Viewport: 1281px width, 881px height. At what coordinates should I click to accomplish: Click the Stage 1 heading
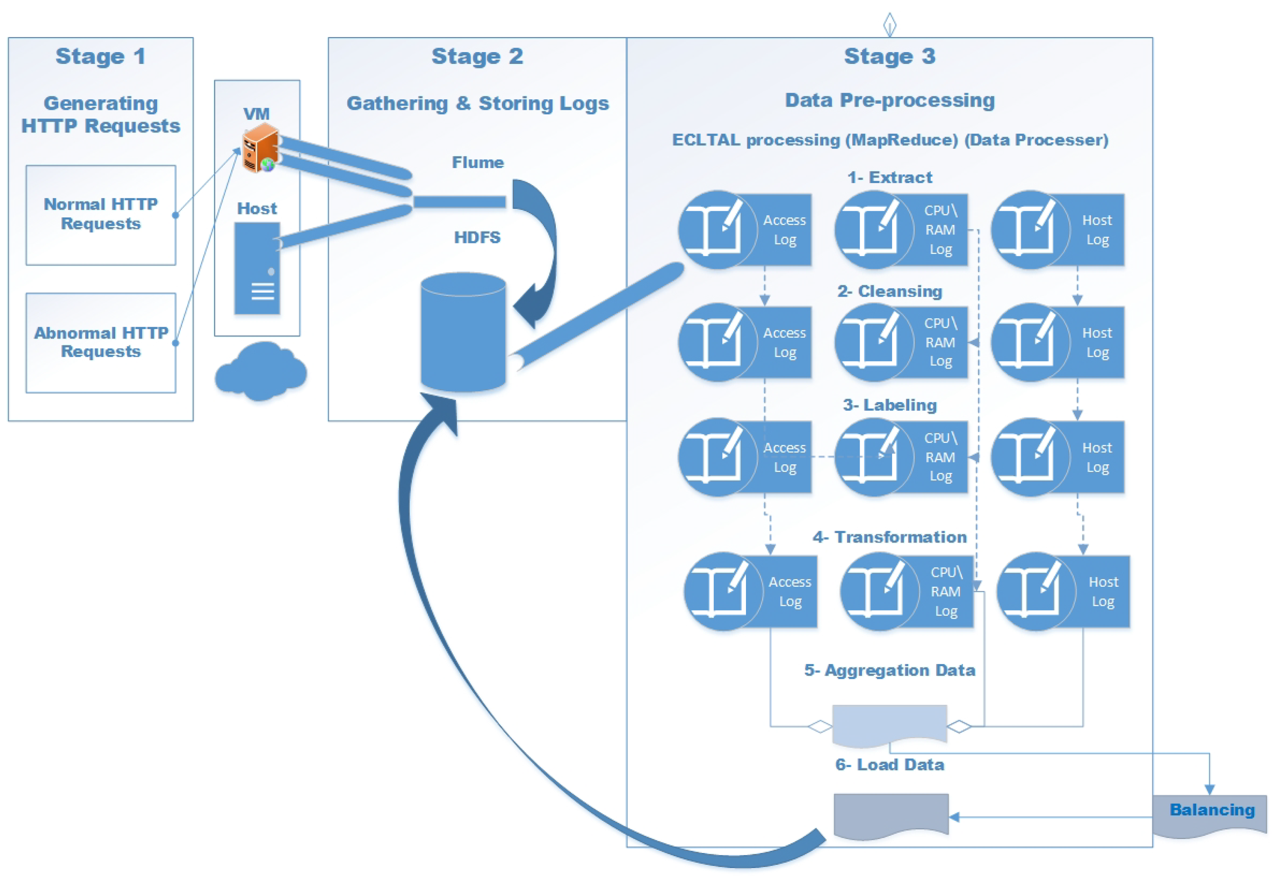pyautogui.click(x=101, y=56)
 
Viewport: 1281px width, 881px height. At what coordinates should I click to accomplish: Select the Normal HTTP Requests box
pyautogui.click(x=101, y=215)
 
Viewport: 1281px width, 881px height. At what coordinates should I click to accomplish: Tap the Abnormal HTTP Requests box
pyautogui.click(x=101, y=343)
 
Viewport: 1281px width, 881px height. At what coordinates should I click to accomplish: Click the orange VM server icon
pyautogui.click(x=260, y=148)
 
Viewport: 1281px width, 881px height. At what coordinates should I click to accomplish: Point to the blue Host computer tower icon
pyautogui.click(x=257, y=268)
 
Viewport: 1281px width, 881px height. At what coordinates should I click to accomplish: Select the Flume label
pyautogui.click(x=477, y=162)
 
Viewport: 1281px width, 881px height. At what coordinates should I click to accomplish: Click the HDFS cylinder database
pyautogui.click(x=463, y=333)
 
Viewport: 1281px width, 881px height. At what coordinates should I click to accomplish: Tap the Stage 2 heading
pyautogui.click(x=477, y=56)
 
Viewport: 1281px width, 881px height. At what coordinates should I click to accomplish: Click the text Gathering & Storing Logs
pyautogui.click(x=477, y=103)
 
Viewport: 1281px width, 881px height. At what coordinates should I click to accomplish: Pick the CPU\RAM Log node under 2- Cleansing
pyautogui.click(x=901, y=342)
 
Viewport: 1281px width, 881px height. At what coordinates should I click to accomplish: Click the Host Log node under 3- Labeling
pyautogui.click(x=1057, y=457)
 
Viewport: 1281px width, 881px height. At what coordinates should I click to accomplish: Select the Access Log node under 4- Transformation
pyautogui.click(x=750, y=591)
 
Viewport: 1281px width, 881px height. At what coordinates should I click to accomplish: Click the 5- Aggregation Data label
pyautogui.click(x=889, y=670)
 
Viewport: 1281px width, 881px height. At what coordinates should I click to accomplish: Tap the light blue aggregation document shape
pyautogui.click(x=889, y=723)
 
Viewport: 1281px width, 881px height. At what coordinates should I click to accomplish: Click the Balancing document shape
pyautogui.click(x=1210, y=814)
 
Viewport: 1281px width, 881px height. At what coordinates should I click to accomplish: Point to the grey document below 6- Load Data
pyautogui.click(x=891, y=815)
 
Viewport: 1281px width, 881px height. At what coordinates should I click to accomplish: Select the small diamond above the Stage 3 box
pyautogui.click(x=889, y=24)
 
